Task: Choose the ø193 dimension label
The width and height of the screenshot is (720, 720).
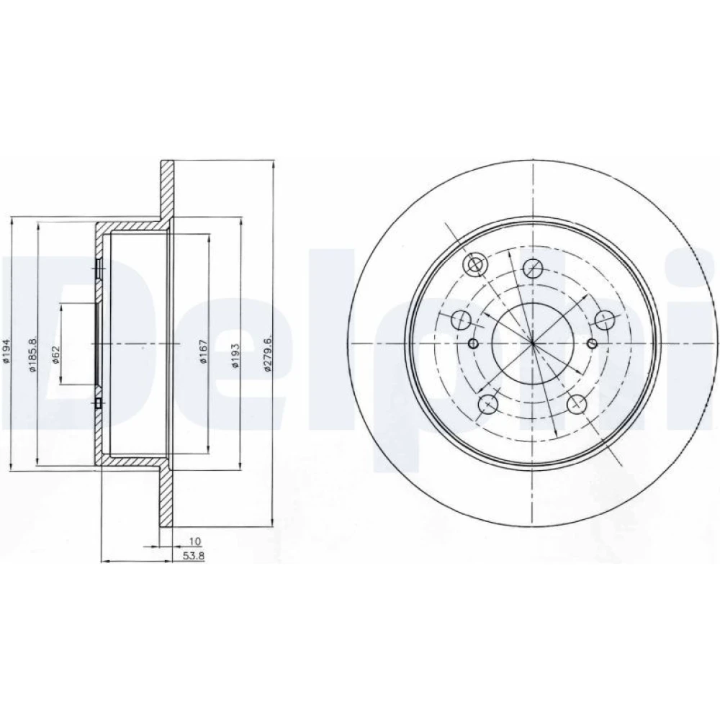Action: [x=235, y=355]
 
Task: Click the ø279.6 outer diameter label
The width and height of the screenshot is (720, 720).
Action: [x=269, y=352]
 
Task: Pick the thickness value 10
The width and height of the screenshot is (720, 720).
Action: [x=195, y=541]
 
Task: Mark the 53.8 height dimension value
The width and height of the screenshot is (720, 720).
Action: [x=194, y=556]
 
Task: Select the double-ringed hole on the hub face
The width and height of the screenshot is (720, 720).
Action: [x=474, y=265]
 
